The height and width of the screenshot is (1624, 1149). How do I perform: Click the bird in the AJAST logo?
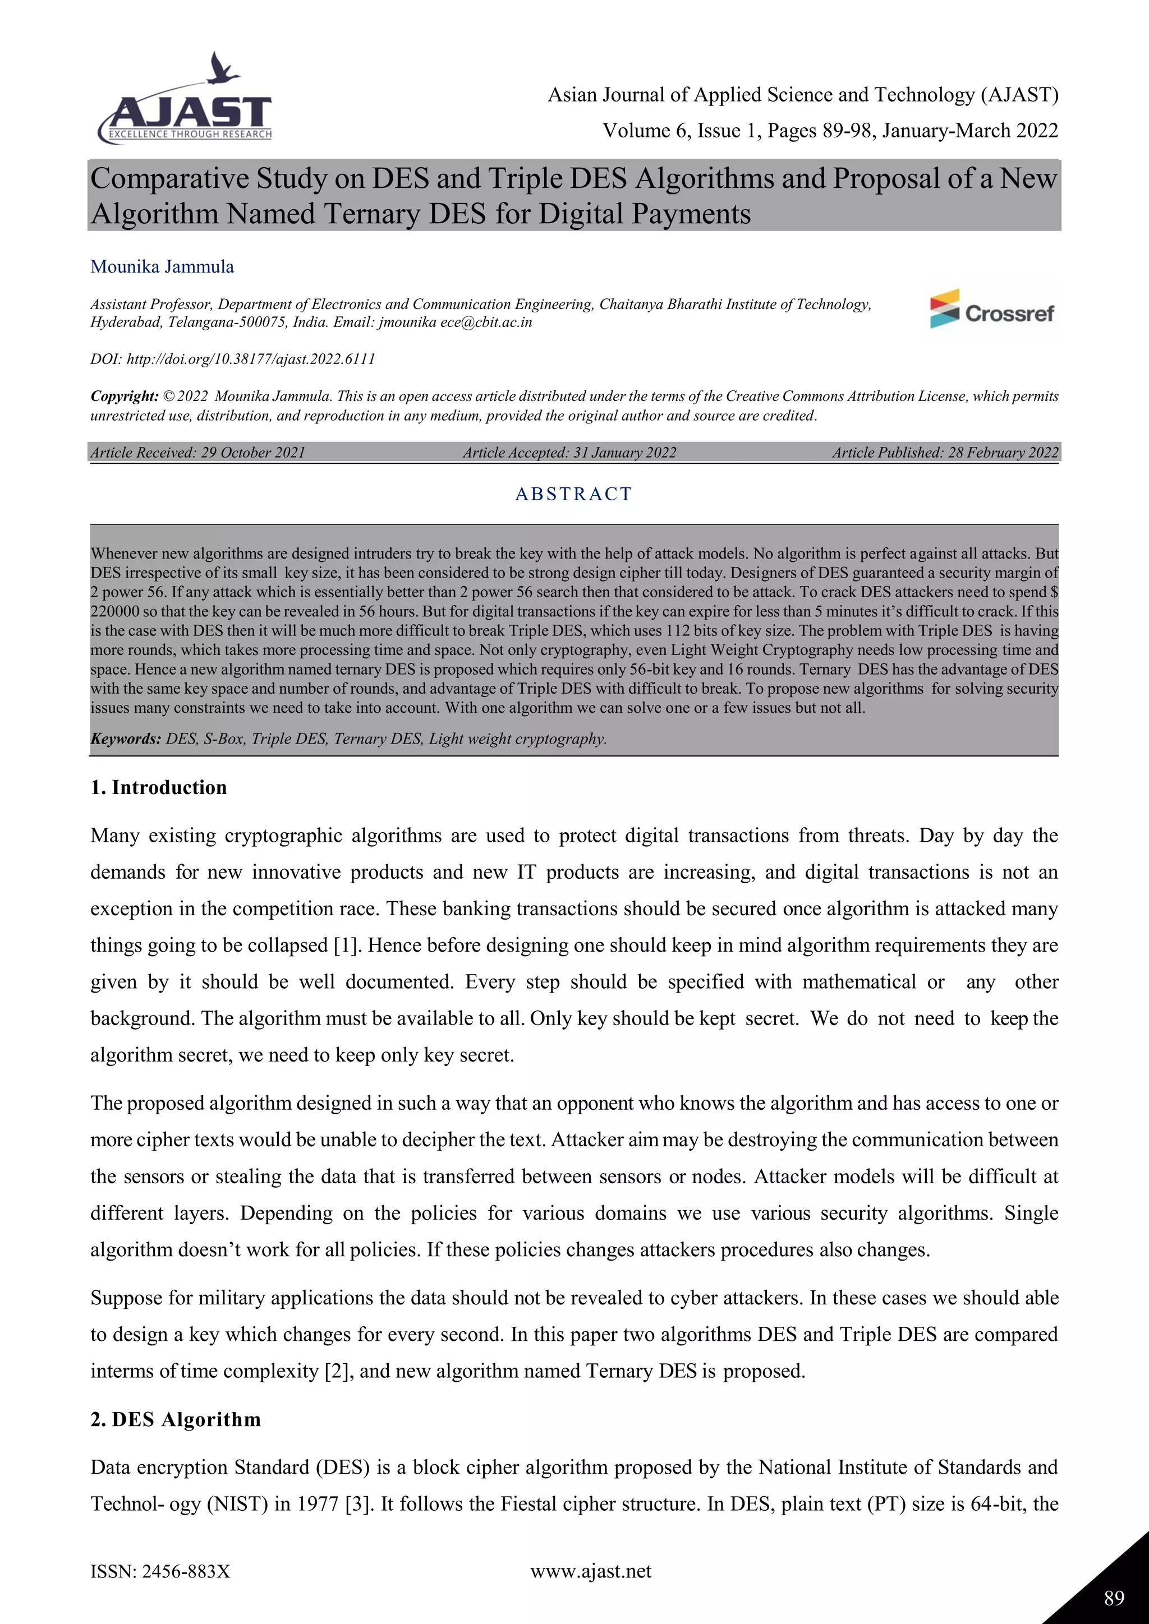pyautogui.click(x=222, y=68)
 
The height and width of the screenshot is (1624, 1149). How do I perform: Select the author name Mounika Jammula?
pyautogui.click(x=162, y=267)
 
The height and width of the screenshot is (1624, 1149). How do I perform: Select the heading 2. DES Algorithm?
pyautogui.click(x=176, y=1419)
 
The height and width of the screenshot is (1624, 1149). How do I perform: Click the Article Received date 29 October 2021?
pyautogui.click(x=252, y=453)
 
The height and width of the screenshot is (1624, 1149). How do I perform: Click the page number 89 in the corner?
pyautogui.click(x=1114, y=1598)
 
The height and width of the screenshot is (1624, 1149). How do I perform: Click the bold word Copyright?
pyautogui.click(x=124, y=396)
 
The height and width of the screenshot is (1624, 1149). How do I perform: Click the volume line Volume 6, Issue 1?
pyautogui.click(x=830, y=130)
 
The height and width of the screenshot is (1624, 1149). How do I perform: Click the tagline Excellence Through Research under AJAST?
pyautogui.click(x=189, y=135)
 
